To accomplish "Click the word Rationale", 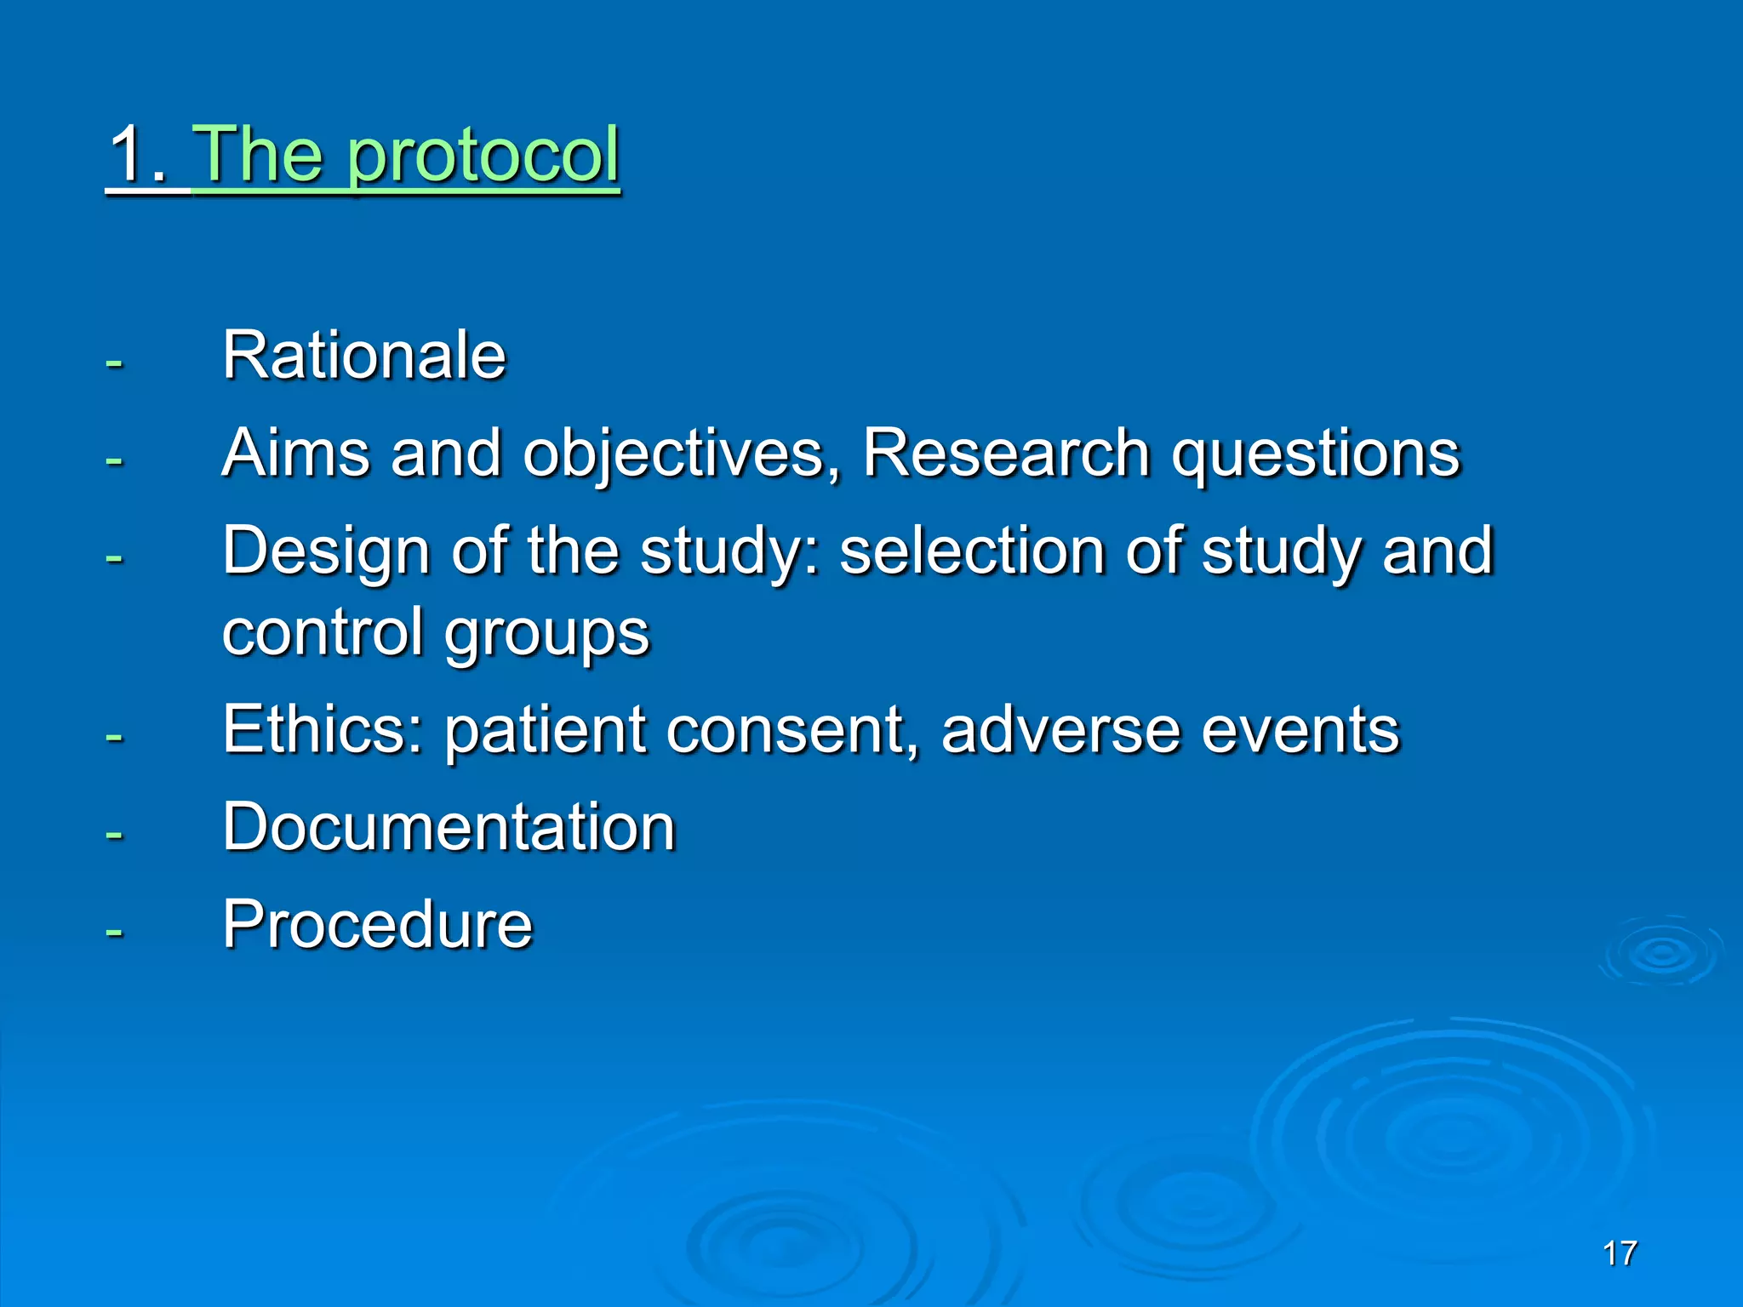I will point(364,356).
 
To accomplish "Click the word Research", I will point(1006,453).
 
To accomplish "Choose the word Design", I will point(326,552).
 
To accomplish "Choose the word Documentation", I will point(449,827).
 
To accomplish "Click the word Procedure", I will point(377,925).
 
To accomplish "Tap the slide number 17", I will point(1619,1253).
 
